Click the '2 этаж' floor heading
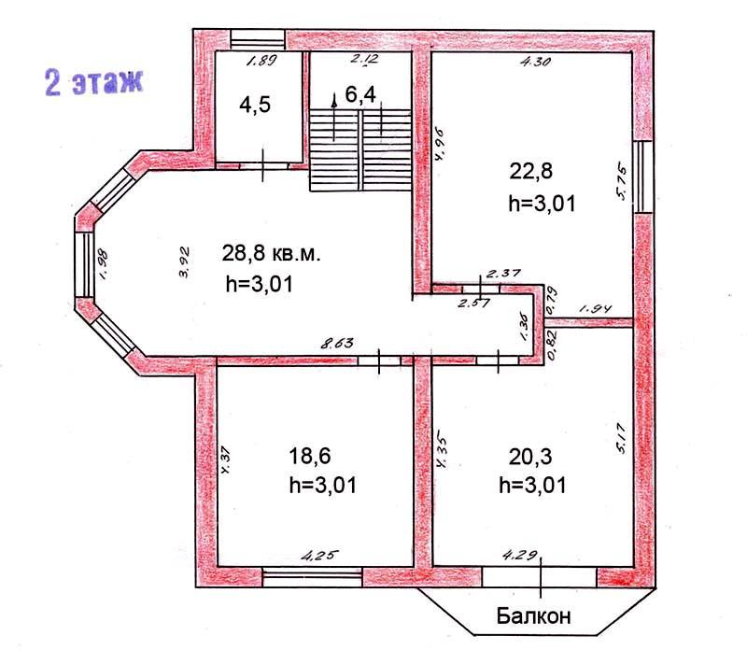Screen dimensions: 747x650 (94, 82)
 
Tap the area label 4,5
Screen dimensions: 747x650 (255, 105)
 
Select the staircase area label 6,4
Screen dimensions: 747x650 (360, 94)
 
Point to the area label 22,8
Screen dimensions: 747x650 (530, 171)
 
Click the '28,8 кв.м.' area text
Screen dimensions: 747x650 (271, 253)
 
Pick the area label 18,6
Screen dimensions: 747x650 (310, 456)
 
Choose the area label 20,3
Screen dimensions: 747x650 (530, 457)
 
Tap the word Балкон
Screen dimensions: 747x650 (533, 615)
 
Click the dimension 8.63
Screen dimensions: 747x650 (337, 343)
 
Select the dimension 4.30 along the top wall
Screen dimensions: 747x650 (535, 61)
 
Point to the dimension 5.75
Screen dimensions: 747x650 (621, 182)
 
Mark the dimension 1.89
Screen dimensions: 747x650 (261, 61)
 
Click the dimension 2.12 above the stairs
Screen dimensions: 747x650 (364, 59)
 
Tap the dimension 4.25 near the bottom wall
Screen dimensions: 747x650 (321, 555)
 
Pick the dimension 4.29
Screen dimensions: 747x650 (520, 555)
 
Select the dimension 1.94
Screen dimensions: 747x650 (595, 309)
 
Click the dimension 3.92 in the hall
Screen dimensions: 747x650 (184, 261)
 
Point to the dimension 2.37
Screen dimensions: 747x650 (503, 274)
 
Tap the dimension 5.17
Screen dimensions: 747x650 (621, 438)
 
